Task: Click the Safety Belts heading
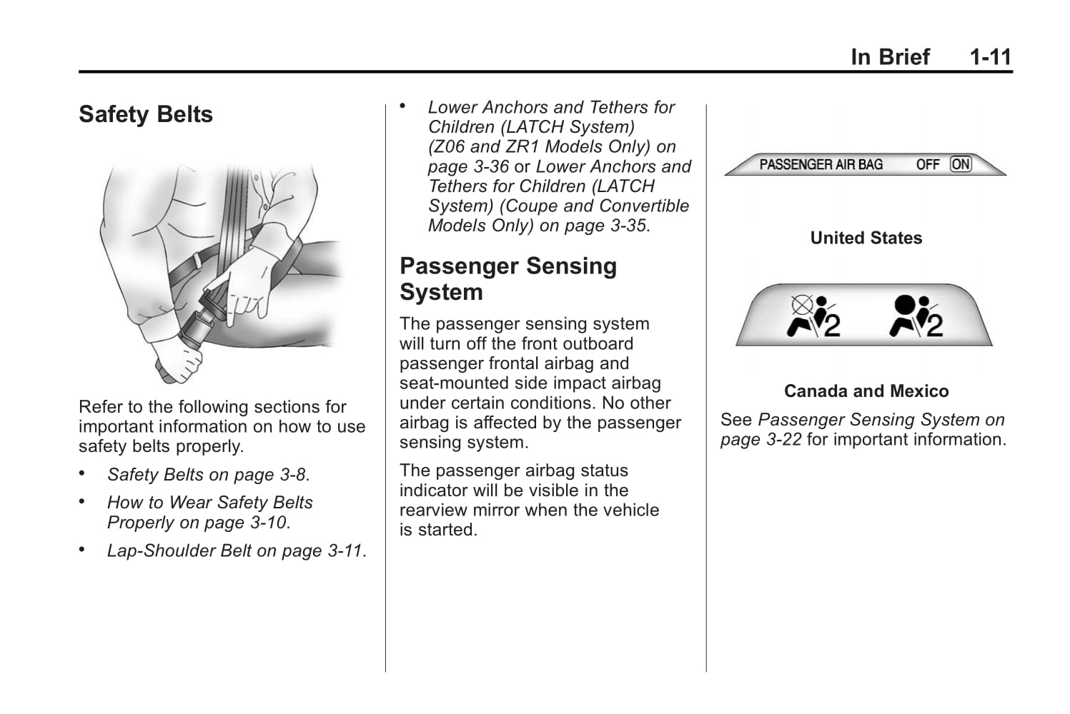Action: pyautogui.click(x=146, y=114)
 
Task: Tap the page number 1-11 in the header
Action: pyautogui.click(x=990, y=57)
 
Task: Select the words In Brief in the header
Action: pyautogui.click(x=890, y=57)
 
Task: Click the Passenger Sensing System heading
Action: pyautogui.click(x=507, y=278)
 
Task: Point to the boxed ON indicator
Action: pyautogui.click(x=961, y=164)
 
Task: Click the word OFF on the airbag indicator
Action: pyautogui.click(x=928, y=164)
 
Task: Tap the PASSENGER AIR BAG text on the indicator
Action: pyautogui.click(x=821, y=164)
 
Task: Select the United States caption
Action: pyautogui.click(x=866, y=238)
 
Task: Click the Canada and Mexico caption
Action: pyautogui.click(x=866, y=391)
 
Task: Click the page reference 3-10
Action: pyautogui.click(x=267, y=523)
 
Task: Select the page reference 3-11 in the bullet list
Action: pyautogui.click(x=345, y=551)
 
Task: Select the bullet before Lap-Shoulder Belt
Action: pyautogui.click(x=82, y=550)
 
